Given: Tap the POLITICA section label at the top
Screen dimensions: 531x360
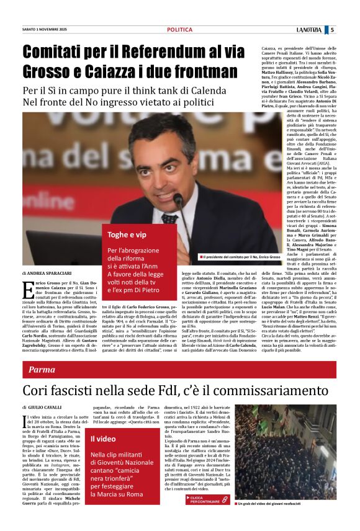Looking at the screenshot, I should [x=179, y=29].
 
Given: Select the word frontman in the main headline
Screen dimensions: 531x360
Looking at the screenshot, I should [x=199, y=71].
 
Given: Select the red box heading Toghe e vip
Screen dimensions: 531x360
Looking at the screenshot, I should [x=127, y=234].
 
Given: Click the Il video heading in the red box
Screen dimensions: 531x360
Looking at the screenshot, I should [x=103, y=439].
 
